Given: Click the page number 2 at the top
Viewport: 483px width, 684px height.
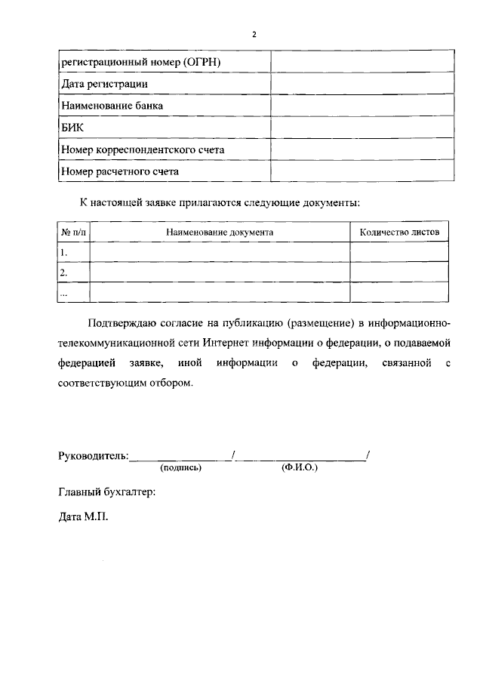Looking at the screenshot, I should (x=254, y=35).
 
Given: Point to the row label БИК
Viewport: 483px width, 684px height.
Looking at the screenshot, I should (x=72, y=128).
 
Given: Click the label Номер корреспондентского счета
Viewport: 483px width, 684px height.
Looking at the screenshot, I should (x=143, y=150).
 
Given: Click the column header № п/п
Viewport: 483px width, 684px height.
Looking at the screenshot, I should (x=74, y=233).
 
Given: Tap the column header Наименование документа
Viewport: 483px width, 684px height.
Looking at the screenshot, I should (x=220, y=233).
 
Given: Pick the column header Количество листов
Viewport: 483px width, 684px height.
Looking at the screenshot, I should (x=398, y=233).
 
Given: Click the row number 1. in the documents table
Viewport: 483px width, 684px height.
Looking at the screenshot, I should (x=64, y=253).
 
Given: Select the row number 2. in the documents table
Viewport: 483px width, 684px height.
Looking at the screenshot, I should (x=64, y=273).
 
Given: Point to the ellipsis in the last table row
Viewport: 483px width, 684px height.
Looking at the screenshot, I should (x=64, y=291).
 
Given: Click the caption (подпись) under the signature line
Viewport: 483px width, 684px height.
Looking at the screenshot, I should (x=180, y=468).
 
